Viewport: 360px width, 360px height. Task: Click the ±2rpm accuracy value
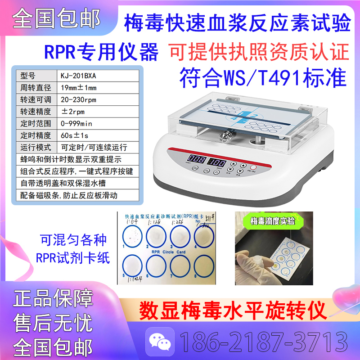click(x=70, y=111)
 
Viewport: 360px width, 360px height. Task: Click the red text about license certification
click(x=259, y=51)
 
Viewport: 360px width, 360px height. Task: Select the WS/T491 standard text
click(x=264, y=77)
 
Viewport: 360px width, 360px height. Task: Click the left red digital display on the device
click(x=198, y=159)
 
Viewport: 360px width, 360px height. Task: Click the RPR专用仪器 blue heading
click(x=101, y=52)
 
